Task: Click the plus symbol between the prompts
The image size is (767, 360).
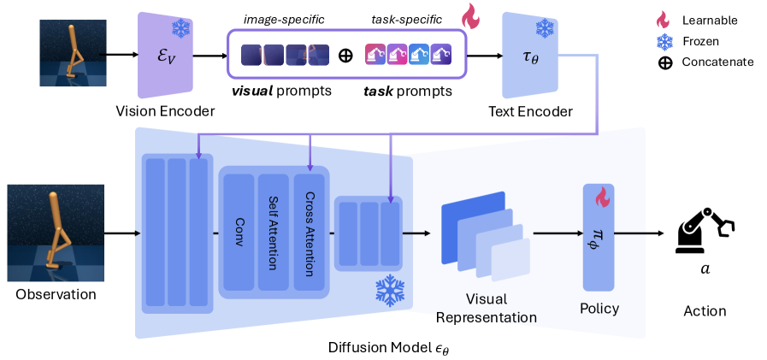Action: pos(345,56)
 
